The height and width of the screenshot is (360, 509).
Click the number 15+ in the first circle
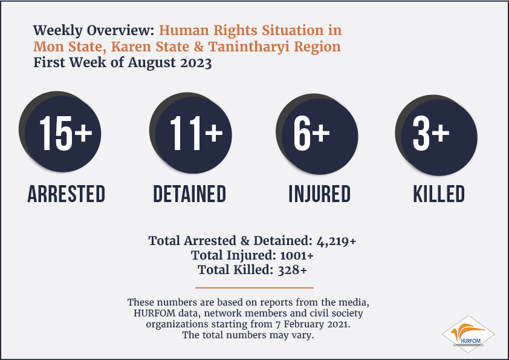pyautogui.click(x=66, y=133)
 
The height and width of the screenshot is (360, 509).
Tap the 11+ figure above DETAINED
pyautogui.click(x=196, y=134)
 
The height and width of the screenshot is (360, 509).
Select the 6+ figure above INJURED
pyautogui.click(x=312, y=134)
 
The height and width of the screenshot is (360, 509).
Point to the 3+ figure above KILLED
pyautogui.click(x=431, y=134)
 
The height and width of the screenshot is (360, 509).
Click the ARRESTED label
pyautogui.click(x=66, y=194)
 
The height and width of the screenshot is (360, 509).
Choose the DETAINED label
pyautogui.click(x=190, y=194)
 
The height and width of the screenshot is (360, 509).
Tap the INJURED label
pyautogui.click(x=320, y=194)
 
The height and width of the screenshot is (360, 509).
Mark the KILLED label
pyautogui.click(x=439, y=194)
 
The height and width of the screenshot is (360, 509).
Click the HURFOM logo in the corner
pyautogui.click(x=468, y=335)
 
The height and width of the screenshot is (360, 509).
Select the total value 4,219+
pyautogui.click(x=336, y=241)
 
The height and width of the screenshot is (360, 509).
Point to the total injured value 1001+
pyautogui.click(x=297, y=256)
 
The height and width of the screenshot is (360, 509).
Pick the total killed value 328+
pyautogui.click(x=292, y=270)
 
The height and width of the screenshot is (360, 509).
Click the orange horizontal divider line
pyautogui.click(x=254, y=287)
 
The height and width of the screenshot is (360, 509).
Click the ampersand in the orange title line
pyautogui.click(x=199, y=47)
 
